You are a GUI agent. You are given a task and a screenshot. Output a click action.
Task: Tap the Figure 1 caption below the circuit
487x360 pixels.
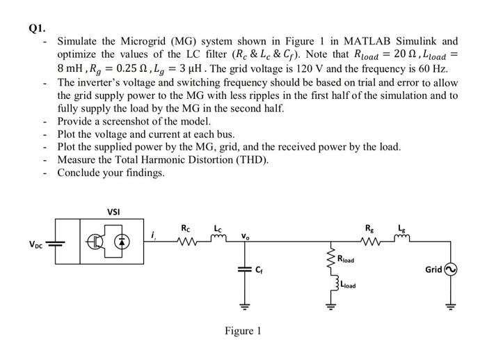(243, 331)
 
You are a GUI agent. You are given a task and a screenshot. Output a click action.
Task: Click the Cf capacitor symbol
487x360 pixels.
(245, 269)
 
